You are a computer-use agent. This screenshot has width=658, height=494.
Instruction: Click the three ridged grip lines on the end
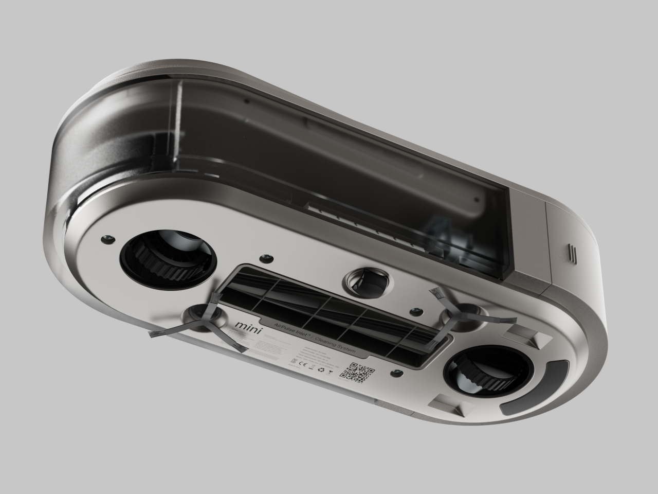tap(572, 253)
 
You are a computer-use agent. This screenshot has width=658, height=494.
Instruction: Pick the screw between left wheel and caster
tap(266, 257)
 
